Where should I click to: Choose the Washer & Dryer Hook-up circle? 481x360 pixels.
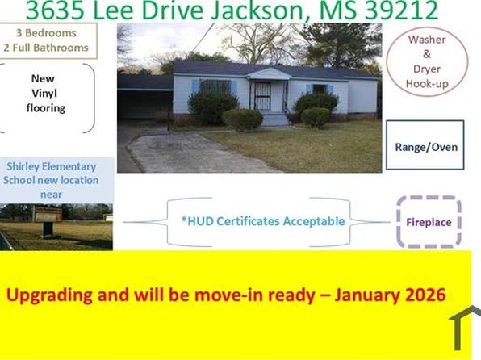pyautogui.click(x=426, y=62)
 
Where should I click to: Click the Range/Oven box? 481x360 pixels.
pyautogui.click(x=425, y=146)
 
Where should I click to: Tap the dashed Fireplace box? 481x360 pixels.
pyautogui.click(x=428, y=222)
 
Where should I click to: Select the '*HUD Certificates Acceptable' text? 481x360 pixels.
pyautogui.click(x=264, y=221)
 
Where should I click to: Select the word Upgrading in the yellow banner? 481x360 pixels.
pyautogui.click(x=47, y=295)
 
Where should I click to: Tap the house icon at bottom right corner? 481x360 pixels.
pyautogui.click(x=466, y=331)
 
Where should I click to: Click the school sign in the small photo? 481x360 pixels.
pyautogui.click(x=47, y=227)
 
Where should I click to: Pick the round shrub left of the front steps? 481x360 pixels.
pyautogui.click(x=241, y=119)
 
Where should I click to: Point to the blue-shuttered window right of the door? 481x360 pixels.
pyautogui.click(x=320, y=89)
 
